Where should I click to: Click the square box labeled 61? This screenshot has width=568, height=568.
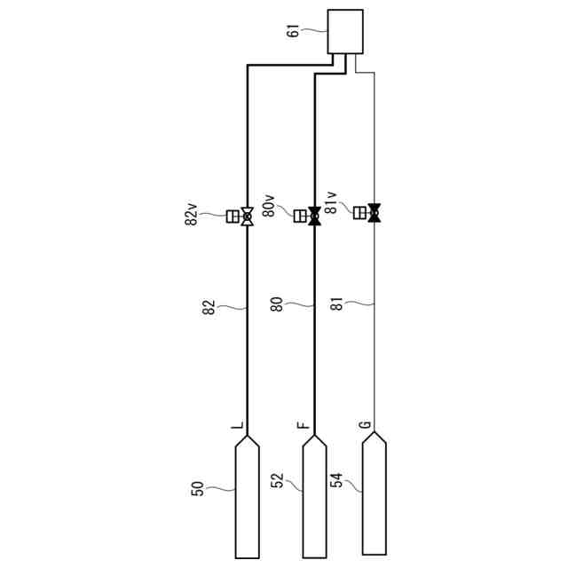(x=345, y=32)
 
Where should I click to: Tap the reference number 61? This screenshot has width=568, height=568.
(x=293, y=31)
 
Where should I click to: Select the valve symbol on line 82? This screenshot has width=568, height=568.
(x=248, y=217)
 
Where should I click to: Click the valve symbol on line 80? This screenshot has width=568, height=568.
(x=314, y=217)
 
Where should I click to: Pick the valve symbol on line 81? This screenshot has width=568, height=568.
(x=375, y=213)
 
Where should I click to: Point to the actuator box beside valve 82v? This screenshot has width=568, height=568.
(x=233, y=217)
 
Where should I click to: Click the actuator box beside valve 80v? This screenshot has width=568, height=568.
(x=300, y=216)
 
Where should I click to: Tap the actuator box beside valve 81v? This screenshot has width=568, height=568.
(x=359, y=212)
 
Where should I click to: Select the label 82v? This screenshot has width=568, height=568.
(x=192, y=214)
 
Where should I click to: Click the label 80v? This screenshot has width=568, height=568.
(x=269, y=206)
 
